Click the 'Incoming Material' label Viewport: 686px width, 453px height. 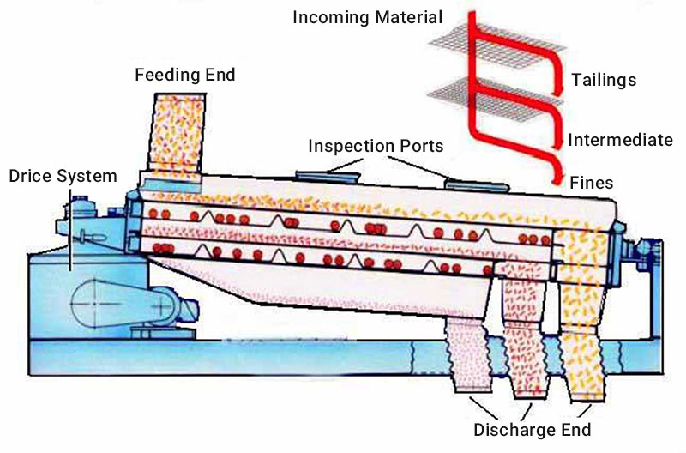click(368, 17)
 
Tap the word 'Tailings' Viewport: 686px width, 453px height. click(605, 81)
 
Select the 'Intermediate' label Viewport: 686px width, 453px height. click(620, 140)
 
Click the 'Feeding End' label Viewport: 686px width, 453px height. click(184, 75)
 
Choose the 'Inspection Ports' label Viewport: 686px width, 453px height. click(376, 147)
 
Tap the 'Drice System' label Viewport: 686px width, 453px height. click(62, 177)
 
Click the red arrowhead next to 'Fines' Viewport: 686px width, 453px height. click(557, 178)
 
